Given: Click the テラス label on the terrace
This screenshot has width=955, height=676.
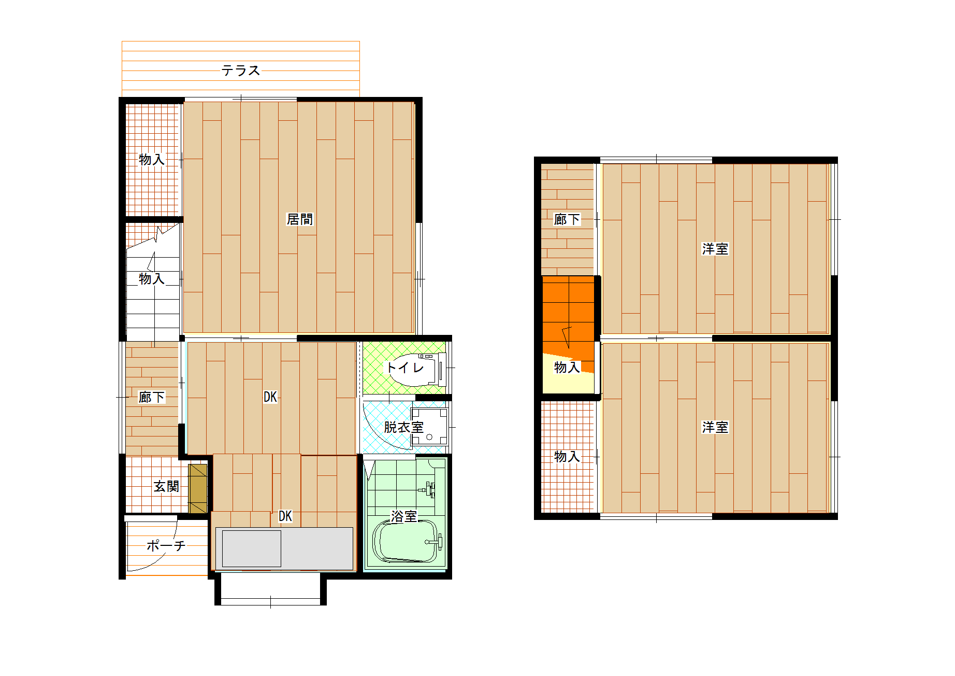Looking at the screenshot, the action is [241, 70].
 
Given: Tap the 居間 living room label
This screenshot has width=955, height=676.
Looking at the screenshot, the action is [300, 219].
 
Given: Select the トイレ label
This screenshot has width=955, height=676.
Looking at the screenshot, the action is [406, 368].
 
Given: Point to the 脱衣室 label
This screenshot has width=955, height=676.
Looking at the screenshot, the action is [403, 427].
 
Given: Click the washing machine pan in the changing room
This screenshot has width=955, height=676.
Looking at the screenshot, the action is [429, 427].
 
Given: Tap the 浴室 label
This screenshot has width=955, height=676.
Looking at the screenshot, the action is [404, 516].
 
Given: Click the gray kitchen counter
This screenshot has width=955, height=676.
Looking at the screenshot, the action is [284, 548].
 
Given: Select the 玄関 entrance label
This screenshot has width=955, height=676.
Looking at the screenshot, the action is [166, 486].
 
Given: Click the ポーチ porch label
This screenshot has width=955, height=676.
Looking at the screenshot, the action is [166, 545].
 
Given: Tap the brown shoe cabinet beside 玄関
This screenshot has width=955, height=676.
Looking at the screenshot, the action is [198, 488].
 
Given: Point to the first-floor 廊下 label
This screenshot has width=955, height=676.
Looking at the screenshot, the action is [152, 397].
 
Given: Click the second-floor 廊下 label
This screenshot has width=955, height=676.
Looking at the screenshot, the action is [567, 219].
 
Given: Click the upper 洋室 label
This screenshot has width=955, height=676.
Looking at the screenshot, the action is [715, 249].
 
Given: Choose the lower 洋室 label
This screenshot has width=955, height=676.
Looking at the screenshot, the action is [715, 427].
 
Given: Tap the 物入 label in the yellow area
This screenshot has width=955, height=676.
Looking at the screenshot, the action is [567, 367].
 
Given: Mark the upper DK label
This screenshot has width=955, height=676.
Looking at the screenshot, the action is [270, 397].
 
